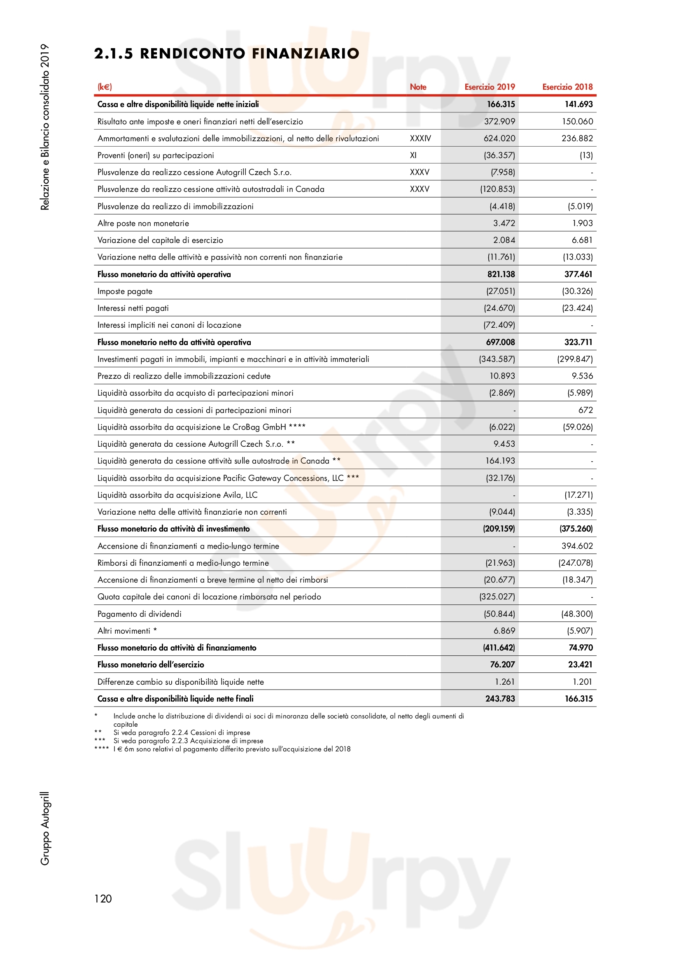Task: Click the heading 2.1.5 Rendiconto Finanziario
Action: coord(226,54)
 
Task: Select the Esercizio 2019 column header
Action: coord(490,87)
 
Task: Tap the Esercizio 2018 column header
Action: coord(567,87)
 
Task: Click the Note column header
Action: coord(417,87)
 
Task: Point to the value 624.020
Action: coord(499,138)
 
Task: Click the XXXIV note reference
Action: coord(420,138)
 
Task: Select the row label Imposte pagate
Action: coord(125,291)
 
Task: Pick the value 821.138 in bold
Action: coord(501,274)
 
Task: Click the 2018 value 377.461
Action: coord(578,274)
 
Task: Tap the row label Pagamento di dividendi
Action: coord(139,613)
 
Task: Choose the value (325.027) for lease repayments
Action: coord(497,597)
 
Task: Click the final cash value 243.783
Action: coord(500,698)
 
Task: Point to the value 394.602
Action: coord(577,546)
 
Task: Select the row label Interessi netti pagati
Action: coord(133,308)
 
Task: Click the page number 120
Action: coord(103,898)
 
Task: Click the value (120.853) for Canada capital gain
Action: coord(497,189)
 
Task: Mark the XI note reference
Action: coord(413,155)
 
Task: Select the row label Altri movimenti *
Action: coord(127,631)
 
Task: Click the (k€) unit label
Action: coord(105,87)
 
